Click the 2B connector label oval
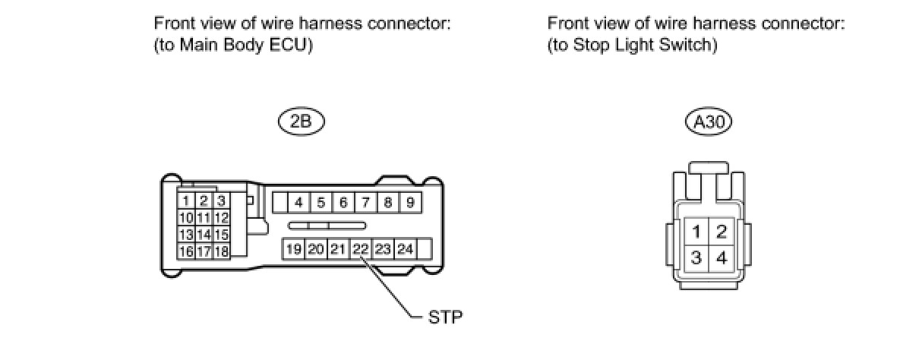[301, 122]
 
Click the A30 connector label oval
[708, 122]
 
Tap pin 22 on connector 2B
[361, 248]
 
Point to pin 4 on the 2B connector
[299, 203]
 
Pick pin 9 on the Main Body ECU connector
[409, 203]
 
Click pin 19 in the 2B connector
[294, 248]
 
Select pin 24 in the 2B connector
[405, 248]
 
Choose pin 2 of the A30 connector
[721, 232]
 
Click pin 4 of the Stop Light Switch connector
[721, 258]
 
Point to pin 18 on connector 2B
[221, 251]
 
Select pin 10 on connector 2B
[185, 218]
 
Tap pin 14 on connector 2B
[204, 235]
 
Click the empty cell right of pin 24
[425, 248]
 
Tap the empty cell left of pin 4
[279, 203]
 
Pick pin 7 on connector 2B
[365, 203]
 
